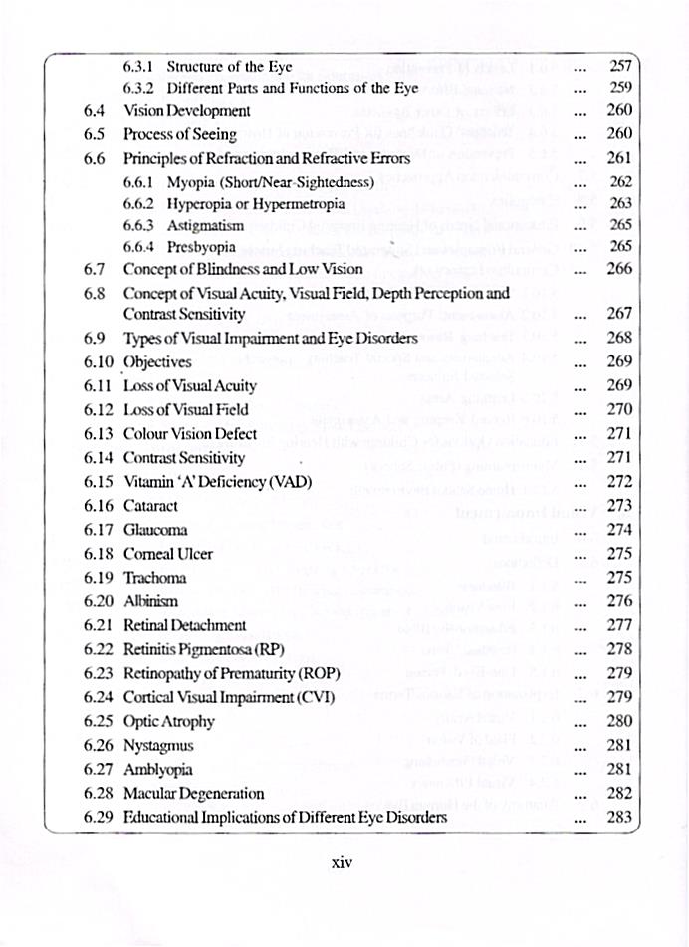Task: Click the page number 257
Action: tap(619, 68)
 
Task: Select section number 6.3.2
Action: tap(140, 88)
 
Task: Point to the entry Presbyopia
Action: tap(201, 246)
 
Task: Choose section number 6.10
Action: tap(100, 361)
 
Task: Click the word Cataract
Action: tap(150, 506)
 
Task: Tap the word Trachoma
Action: tap(154, 578)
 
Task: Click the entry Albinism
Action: tap(150, 601)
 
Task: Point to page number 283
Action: tap(619, 818)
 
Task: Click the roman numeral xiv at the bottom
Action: tap(342, 862)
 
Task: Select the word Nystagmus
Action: tap(157, 746)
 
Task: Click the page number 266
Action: tap(619, 269)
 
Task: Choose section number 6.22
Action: tap(100, 649)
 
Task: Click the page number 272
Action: tap(619, 482)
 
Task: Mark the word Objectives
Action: tap(157, 361)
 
